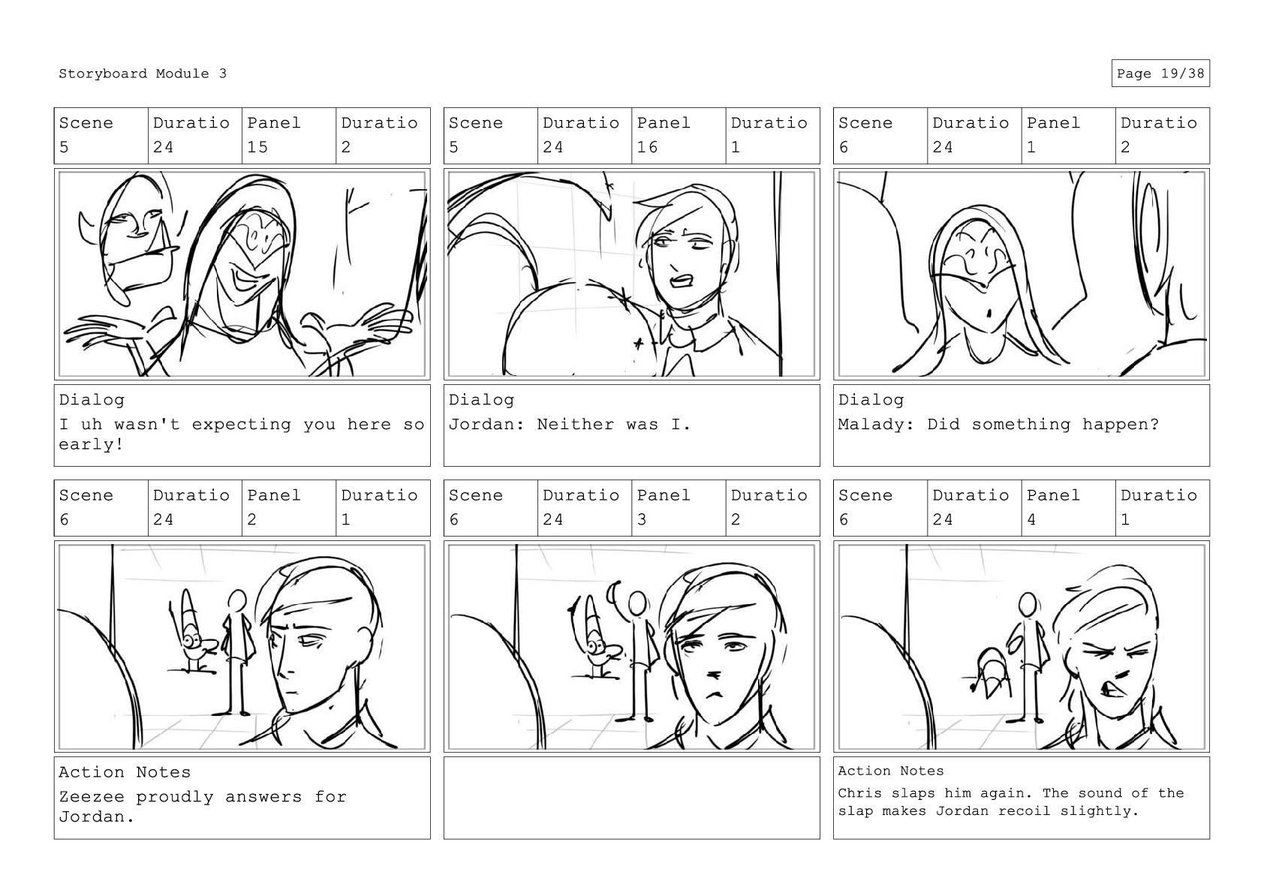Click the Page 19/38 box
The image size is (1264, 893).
1160,74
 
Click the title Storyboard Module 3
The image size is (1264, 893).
143,74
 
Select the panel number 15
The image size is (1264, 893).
257,147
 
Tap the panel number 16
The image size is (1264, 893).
647,147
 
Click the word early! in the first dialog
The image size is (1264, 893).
91,444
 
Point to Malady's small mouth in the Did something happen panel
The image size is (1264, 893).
989,312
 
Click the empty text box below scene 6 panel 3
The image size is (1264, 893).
631,798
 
